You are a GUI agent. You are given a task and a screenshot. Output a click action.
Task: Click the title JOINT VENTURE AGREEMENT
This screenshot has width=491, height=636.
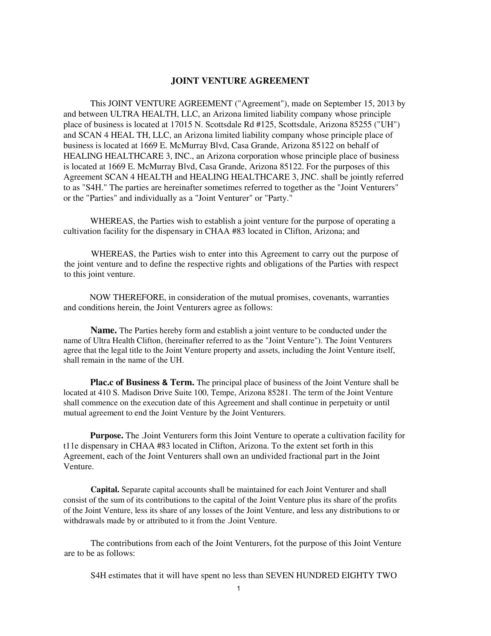pyautogui.click(x=240, y=81)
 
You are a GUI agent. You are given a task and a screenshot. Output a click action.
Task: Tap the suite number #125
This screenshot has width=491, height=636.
pyautogui.click(x=266, y=125)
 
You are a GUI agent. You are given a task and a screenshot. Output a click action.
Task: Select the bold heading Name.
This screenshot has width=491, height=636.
pyautogui.click(x=104, y=330)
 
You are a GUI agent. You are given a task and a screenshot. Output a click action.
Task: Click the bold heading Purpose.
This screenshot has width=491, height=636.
pyautogui.click(x=107, y=435)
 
